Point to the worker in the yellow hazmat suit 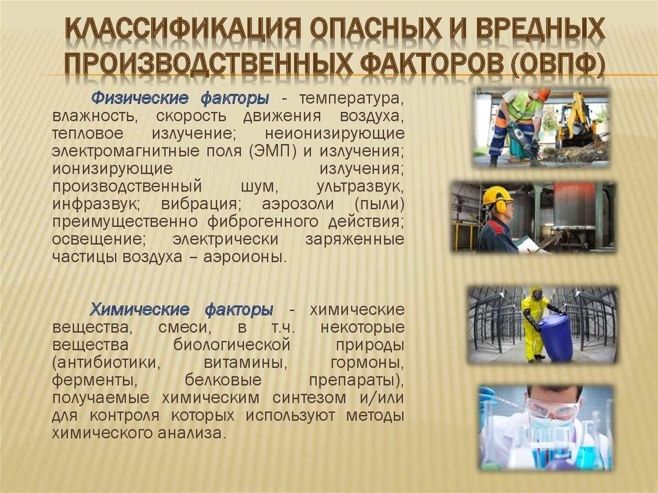533,321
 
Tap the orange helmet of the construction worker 544,94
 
